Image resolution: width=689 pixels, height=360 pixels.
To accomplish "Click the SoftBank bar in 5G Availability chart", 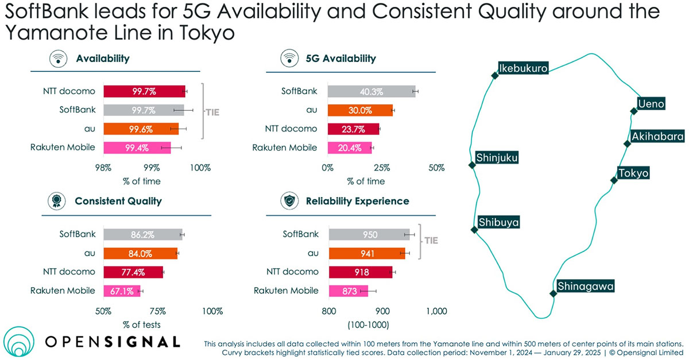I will (x=371, y=91).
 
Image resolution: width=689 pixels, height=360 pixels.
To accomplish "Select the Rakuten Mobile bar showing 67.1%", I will (x=122, y=291).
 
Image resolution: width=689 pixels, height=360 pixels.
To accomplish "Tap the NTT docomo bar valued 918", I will (x=360, y=272).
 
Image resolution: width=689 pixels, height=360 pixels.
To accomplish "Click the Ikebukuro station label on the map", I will (x=522, y=69).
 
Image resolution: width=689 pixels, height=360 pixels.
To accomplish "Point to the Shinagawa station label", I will (x=586, y=286).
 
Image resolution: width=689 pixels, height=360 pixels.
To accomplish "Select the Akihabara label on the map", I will (x=657, y=137).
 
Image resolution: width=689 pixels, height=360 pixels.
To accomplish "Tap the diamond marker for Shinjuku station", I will (x=471, y=165).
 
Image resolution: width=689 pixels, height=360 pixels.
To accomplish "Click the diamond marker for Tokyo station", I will (x=613, y=180).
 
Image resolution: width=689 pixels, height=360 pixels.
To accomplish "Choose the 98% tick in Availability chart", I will (x=103, y=168).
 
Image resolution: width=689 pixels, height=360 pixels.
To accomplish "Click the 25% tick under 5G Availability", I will (x=382, y=168).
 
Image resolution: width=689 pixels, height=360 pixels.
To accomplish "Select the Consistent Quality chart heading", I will (x=118, y=201).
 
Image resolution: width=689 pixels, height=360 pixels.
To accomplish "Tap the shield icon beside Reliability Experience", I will (x=287, y=201).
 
